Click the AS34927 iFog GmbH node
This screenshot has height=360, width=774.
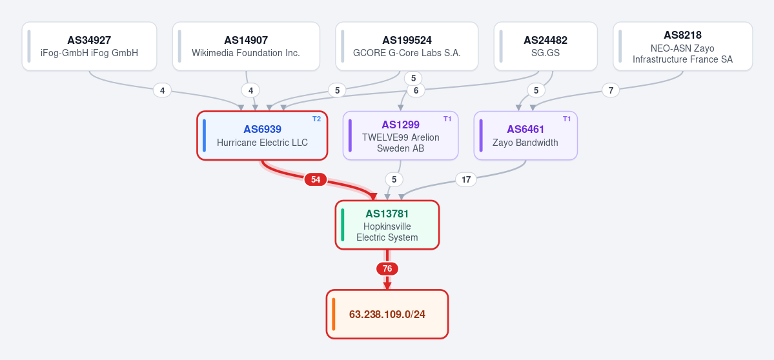(89, 46)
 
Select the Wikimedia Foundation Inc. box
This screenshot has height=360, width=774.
(246, 46)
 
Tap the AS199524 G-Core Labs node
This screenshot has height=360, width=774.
(407, 46)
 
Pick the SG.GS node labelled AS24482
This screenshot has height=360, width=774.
(545, 46)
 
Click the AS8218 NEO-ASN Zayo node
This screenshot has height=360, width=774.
(683, 46)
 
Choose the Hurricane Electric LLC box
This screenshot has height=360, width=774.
(262, 135)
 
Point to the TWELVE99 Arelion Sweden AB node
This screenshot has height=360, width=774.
(401, 135)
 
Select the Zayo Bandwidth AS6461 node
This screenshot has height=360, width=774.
(525, 135)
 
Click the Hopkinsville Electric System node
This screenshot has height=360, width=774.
(387, 225)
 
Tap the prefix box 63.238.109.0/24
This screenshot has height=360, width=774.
(387, 314)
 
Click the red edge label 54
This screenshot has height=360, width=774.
(316, 179)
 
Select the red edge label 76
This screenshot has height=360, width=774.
(387, 269)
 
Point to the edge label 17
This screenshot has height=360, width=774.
(465, 179)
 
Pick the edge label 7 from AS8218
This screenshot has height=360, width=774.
(611, 90)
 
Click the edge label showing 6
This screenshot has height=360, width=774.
(416, 90)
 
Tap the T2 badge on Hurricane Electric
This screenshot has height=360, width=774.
(316, 119)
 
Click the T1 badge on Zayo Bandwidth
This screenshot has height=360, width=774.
(567, 119)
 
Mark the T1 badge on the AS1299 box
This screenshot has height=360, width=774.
(448, 119)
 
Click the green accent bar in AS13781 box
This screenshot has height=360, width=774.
(343, 225)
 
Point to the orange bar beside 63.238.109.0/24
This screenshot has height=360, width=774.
(334, 314)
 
